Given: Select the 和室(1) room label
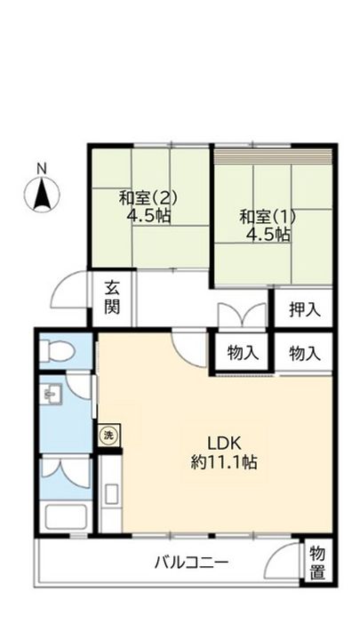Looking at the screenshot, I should pos(267,216).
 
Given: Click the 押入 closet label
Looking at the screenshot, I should pos(304,310).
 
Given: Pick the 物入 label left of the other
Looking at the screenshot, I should pos(243,353).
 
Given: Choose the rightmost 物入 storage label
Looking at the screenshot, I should pos(304,353).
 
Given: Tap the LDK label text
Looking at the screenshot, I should pos(225,443).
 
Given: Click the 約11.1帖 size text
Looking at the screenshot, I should pos(225,462).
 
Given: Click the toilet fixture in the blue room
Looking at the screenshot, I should pos(57,349).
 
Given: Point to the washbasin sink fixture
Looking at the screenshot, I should pos(52,394).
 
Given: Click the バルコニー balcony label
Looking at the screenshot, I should pos(191,562).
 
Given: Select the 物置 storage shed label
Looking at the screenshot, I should pos(317,563).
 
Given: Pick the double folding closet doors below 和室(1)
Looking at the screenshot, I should pos(242,316).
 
